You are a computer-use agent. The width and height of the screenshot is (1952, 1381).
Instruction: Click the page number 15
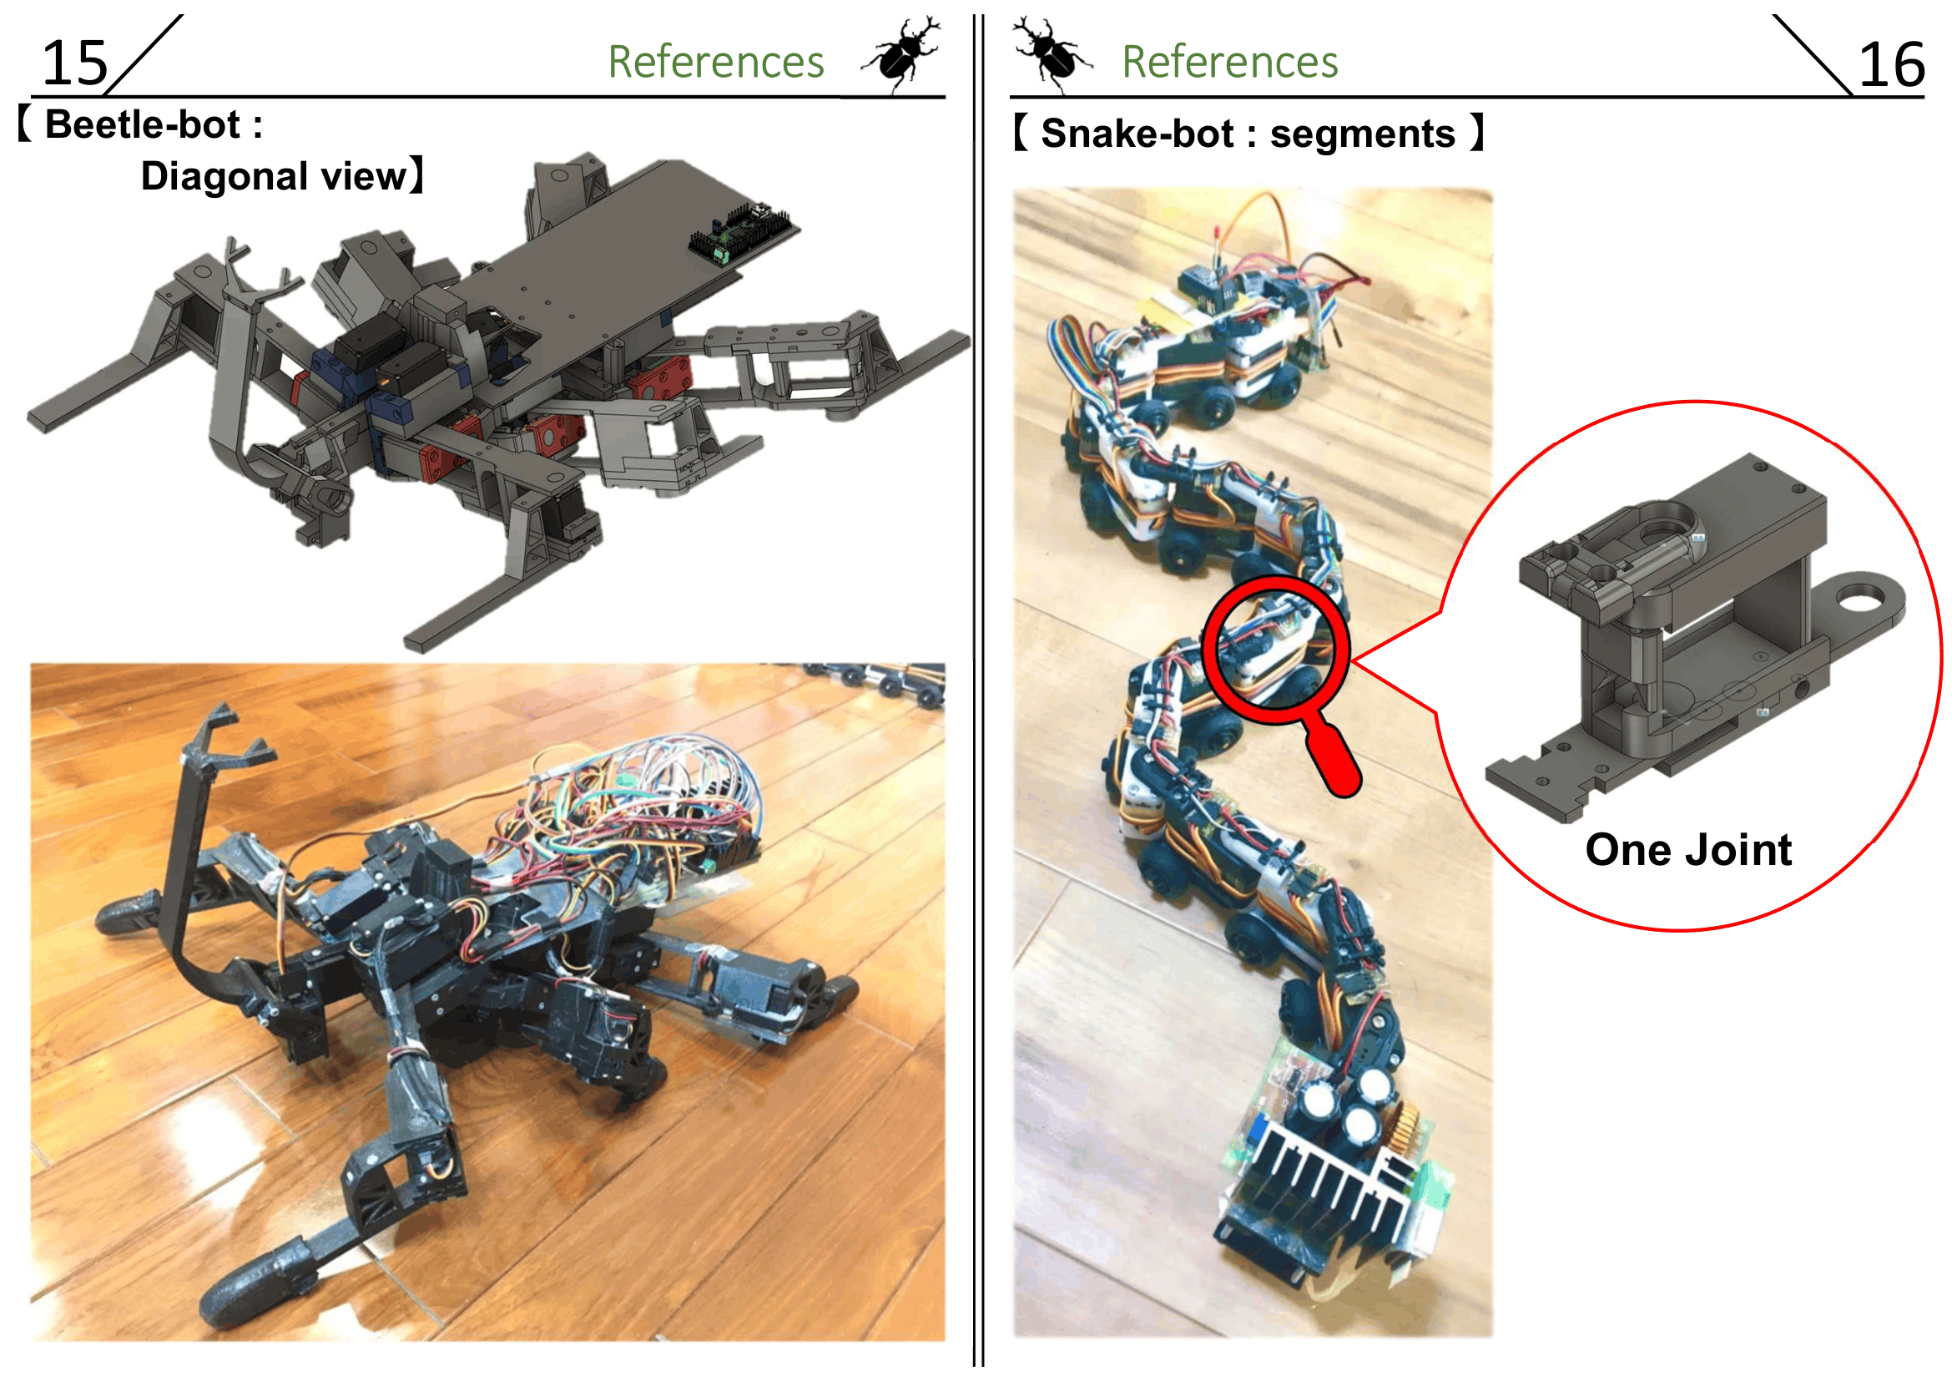pyautogui.click(x=75, y=63)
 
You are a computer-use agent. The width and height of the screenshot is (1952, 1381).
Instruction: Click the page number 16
pyautogui.click(x=1892, y=64)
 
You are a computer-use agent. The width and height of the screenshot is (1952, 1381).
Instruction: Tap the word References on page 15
pyautogui.click(x=716, y=62)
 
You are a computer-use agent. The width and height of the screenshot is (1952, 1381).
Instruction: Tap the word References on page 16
pyautogui.click(x=1230, y=62)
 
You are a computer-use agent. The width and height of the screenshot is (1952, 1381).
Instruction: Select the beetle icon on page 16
pyautogui.click(x=1052, y=53)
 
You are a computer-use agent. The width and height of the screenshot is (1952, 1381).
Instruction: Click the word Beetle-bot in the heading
pyautogui.click(x=143, y=125)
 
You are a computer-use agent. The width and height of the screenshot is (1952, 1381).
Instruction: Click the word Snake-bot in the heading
pyautogui.click(x=1137, y=134)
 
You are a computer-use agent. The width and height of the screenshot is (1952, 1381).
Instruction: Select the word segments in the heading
pyautogui.click(x=1363, y=134)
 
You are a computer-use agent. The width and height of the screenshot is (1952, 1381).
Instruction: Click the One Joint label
pyautogui.click(x=1688, y=849)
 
